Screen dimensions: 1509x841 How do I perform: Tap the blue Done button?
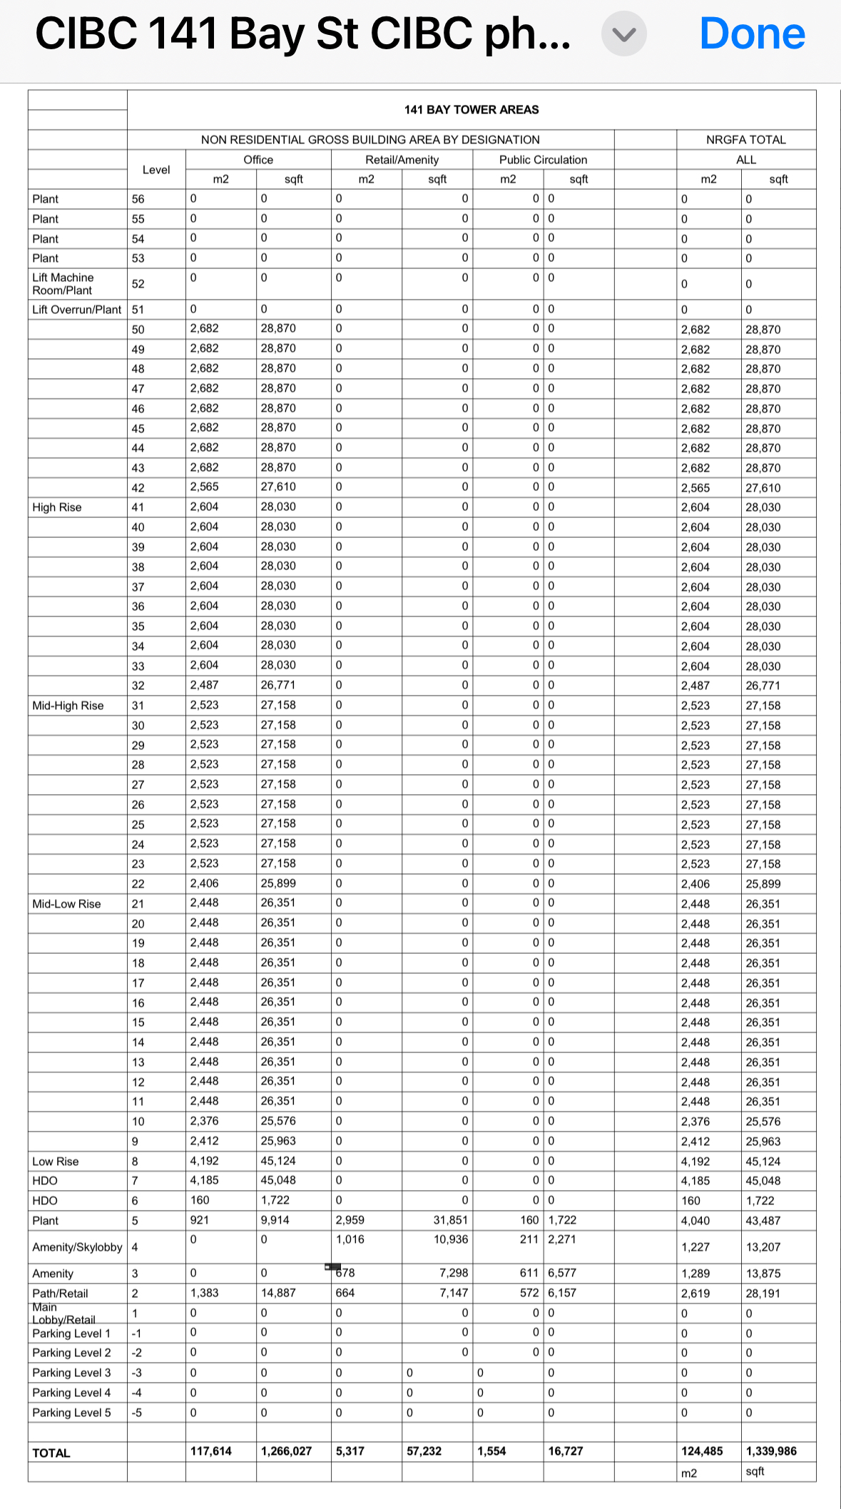pos(752,34)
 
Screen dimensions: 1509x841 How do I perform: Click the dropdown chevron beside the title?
pos(623,34)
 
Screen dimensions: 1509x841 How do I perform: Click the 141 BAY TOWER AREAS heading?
pos(472,110)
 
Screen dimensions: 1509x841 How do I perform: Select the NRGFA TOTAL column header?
pos(745,140)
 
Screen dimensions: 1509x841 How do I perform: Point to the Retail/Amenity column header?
pos(402,160)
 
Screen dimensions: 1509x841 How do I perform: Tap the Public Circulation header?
pos(543,160)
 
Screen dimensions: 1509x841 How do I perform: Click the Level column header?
pos(156,170)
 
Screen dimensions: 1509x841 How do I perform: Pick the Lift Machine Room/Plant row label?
pos(63,284)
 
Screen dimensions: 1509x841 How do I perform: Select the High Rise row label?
pos(57,507)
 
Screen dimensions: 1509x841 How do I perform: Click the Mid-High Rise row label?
pos(68,706)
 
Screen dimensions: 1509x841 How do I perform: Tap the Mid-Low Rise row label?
pos(66,904)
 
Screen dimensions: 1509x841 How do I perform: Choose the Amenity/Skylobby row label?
pos(77,1247)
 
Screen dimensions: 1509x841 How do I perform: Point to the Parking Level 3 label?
pos(71,1373)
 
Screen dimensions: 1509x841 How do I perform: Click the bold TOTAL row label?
pos(51,1453)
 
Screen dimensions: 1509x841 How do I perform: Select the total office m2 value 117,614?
pos(211,1451)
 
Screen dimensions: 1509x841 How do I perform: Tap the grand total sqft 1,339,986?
pos(771,1451)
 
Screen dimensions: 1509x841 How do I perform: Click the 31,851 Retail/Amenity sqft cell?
pos(451,1220)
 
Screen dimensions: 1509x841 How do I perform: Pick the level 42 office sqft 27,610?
pos(278,487)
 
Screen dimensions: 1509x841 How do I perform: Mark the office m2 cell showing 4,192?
pos(205,1161)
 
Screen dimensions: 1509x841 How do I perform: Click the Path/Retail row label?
pos(60,1294)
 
